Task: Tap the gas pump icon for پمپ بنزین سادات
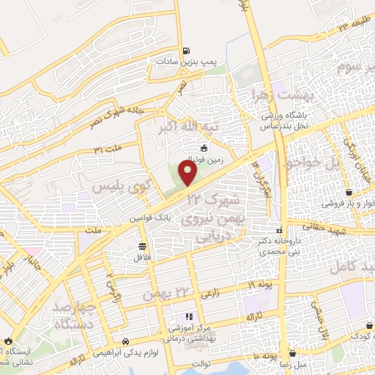(187, 51)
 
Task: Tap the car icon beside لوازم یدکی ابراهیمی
(127, 341)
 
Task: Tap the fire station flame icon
(8, 341)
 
